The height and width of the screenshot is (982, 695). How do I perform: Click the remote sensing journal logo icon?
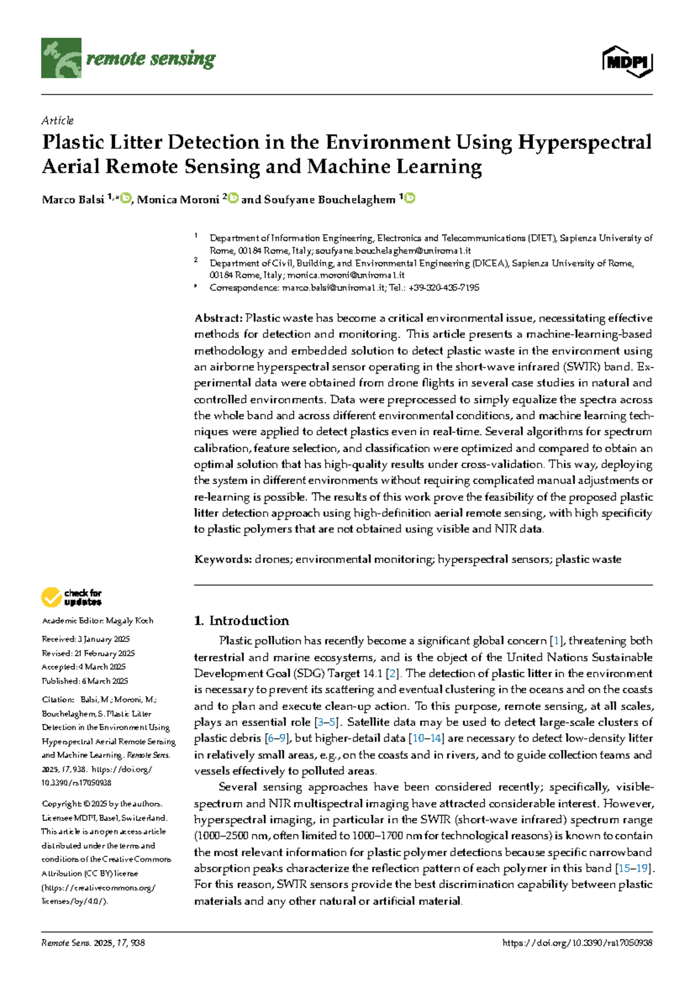click(x=61, y=58)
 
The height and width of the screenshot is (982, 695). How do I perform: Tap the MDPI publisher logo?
click(x=628, y=61)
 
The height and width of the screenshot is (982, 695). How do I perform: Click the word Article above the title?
click(x=57, y=120)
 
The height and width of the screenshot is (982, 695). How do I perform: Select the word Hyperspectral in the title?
click(x=585, y=142)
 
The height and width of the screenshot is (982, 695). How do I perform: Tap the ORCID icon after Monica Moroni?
click(x=233, y=199)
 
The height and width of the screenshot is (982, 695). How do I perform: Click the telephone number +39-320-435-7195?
click(x=444, y=288)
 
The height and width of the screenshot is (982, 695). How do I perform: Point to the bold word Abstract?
click(x=218, y=318)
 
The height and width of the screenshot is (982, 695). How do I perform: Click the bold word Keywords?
click(x=223, y=559)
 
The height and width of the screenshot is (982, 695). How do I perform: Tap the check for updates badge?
click(x=71, y=597)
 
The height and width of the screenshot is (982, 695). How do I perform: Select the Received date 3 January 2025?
click(x=104, y=639)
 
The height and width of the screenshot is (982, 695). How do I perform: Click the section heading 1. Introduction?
click(x=242, y=621)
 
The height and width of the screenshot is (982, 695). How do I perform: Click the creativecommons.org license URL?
click(x=99, y=888)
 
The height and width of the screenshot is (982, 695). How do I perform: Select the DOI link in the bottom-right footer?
click(x=577, y=943)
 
